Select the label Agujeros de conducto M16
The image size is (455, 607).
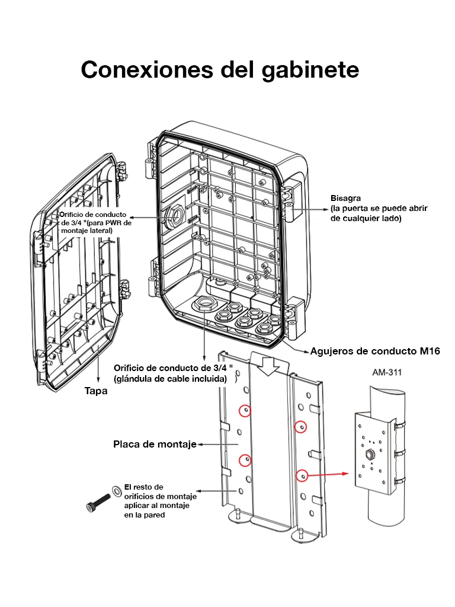tap(375, 351)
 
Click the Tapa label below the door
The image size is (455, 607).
tap(96, 391)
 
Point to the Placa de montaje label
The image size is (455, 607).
tap(155, 444)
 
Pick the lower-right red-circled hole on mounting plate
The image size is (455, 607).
tap(302, 475)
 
